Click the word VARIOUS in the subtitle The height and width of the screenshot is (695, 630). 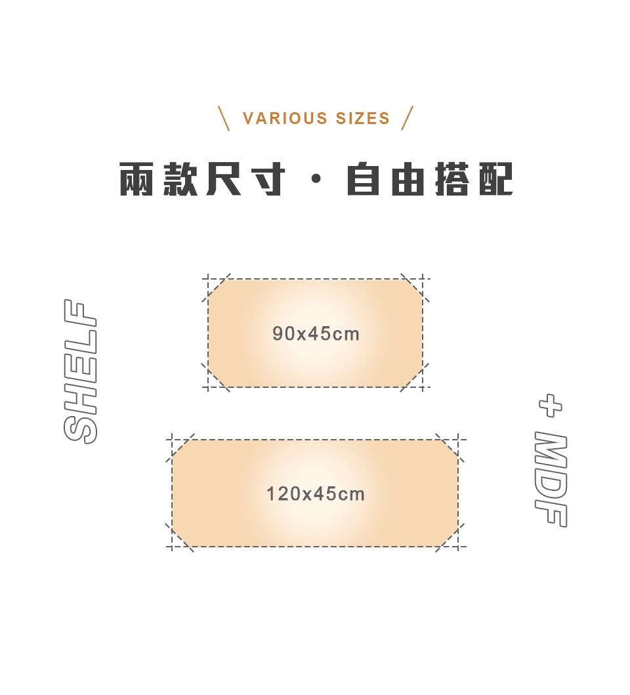click(x=285, y=119)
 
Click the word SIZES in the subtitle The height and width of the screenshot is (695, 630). click(x=363, y=119)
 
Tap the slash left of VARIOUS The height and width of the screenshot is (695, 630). click(x=224, y=118)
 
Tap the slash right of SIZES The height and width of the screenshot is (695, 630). click(x=408, y=118)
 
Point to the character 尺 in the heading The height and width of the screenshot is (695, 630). click(x=224, y=179)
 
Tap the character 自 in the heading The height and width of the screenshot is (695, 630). click(x=364, y=179)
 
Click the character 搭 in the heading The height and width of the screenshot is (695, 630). click(x=451, y=179)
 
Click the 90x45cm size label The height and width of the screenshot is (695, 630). click(x=316, y=334)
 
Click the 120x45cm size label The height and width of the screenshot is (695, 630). click(x=315, y=494)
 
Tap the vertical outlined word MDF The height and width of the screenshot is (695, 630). click(x=550, y=480)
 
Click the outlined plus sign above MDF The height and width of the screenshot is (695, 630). click(x=550, y=406)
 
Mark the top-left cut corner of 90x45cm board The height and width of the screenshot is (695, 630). click(x=217, y=288)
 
